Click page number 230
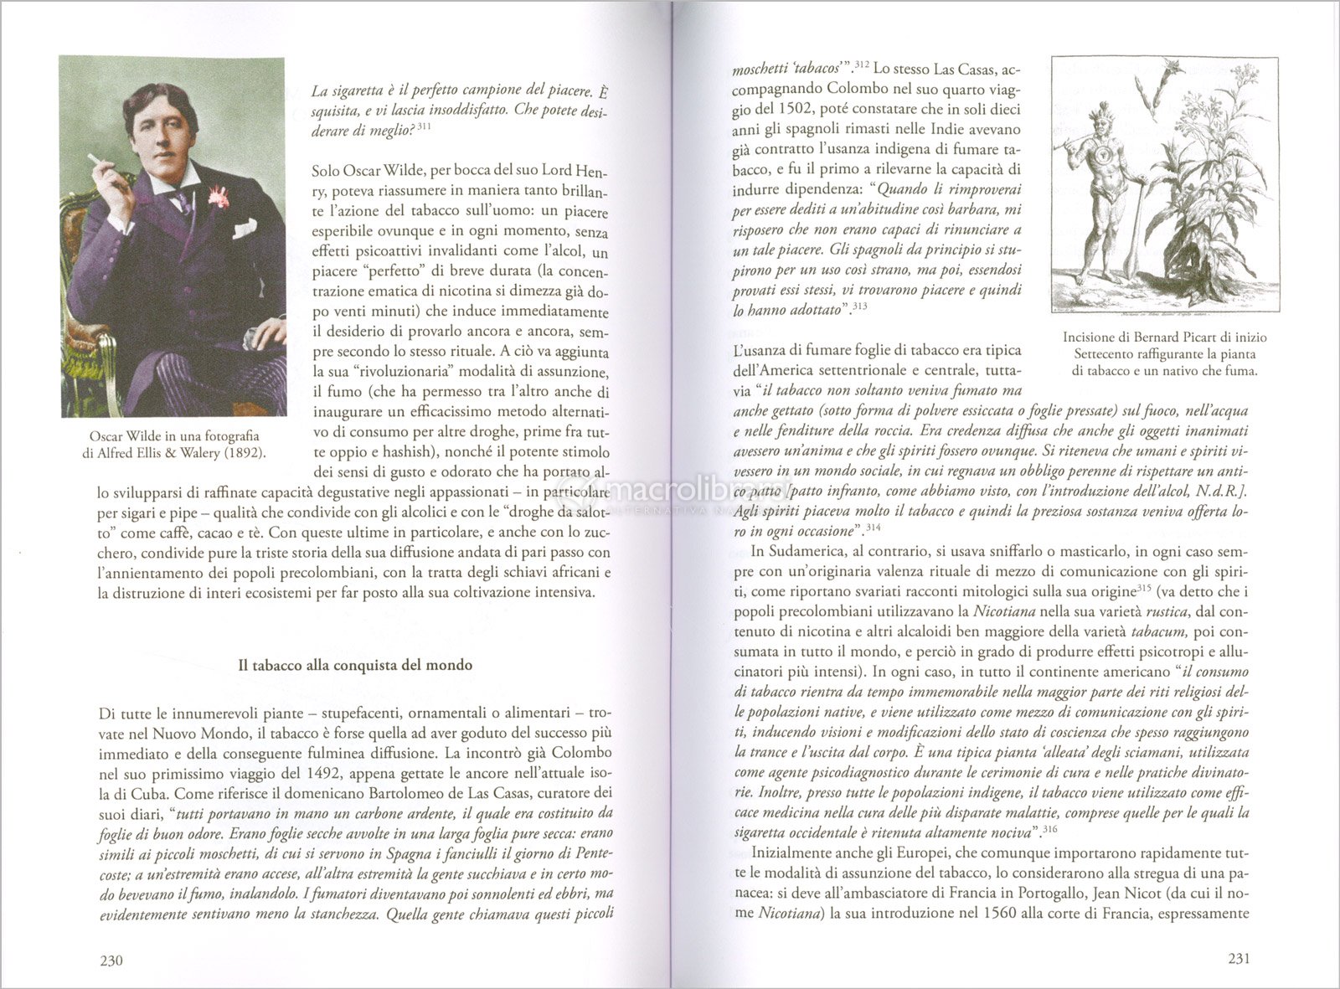click(x=111, y=960)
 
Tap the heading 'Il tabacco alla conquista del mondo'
click(x=355, y=666)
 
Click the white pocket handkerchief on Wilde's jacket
click(x=245, y=227)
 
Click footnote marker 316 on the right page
click(x=1048, y=830)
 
